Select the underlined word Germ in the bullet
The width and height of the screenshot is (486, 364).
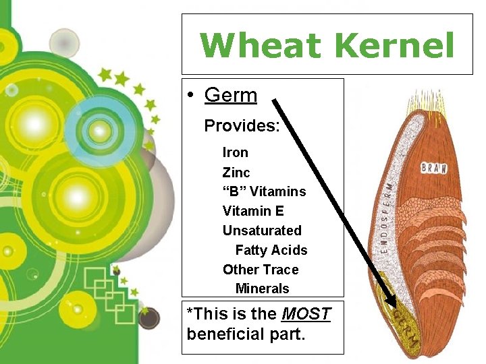[x=230, y=95]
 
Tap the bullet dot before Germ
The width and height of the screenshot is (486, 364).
[x=192, y=96]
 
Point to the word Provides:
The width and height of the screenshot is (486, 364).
[x=242, y=126]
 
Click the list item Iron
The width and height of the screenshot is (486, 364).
[x=235, y=152]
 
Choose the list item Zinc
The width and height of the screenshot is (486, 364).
[x=236, y=172]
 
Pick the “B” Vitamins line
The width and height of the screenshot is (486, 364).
[x=264, y=191]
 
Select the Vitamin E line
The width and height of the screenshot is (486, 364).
[x=253, y=211]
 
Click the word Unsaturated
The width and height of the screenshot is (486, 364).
[x=262, y=231]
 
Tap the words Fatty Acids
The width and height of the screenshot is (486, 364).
[x=271, y=250]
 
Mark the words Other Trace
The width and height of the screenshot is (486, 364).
[x=260, y=270]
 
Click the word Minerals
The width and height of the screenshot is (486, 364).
[x=262, y=289]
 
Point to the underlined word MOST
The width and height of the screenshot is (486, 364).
[x=306, y=314]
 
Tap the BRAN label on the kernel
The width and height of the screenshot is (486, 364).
[x=433, y=168]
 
